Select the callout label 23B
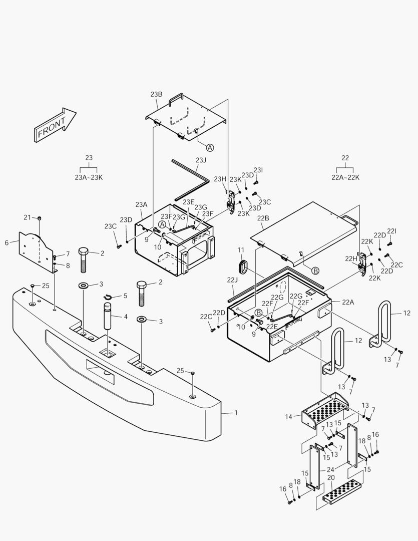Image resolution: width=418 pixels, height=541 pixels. tap(156, 94)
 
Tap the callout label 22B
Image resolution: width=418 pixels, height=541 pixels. tap(263, 218)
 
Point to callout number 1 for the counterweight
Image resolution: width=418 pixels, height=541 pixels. tap(236, 412)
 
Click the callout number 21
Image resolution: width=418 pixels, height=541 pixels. tap(28, 217)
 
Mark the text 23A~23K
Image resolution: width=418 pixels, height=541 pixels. tap(89, 177)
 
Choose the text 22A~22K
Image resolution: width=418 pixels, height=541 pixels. tap(345, 177)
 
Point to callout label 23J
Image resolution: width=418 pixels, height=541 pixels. tap(200, 160)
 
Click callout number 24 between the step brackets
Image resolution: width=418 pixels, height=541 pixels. tap(330, 470)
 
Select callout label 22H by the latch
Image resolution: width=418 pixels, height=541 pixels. tap(351, 258)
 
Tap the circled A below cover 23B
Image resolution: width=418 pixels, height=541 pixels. tap(210, 147)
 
